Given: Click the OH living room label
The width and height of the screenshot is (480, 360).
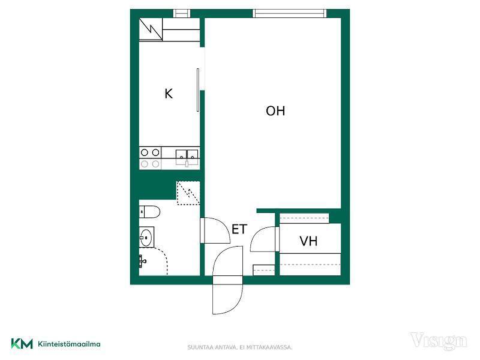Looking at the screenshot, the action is point(275,111).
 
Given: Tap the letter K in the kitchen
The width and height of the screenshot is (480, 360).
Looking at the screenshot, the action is point(169,94).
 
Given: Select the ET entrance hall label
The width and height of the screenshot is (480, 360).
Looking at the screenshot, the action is point(239,229).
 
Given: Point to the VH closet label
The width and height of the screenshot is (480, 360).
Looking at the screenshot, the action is point(308,241).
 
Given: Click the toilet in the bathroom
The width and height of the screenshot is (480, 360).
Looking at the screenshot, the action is point(149,212).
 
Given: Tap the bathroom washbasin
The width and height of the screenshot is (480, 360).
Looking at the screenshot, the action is point(146,237).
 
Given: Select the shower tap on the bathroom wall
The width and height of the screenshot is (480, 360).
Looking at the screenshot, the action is point(142,261).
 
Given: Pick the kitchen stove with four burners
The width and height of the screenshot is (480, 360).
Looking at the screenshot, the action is point(150,158).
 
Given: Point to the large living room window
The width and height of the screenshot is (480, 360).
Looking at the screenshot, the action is point(290,13).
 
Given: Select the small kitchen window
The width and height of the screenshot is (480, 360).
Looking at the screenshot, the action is point(182,13).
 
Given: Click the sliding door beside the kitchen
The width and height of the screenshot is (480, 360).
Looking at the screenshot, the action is point(198,89).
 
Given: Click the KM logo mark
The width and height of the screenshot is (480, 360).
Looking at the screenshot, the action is point(22,344).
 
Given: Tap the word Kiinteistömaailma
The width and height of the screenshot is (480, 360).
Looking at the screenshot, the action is point(69,344).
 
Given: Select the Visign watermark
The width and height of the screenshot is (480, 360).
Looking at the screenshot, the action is point(438,341).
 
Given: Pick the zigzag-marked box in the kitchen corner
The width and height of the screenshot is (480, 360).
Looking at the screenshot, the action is point(151,29).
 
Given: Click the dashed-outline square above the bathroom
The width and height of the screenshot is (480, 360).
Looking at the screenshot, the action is point(188,193).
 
